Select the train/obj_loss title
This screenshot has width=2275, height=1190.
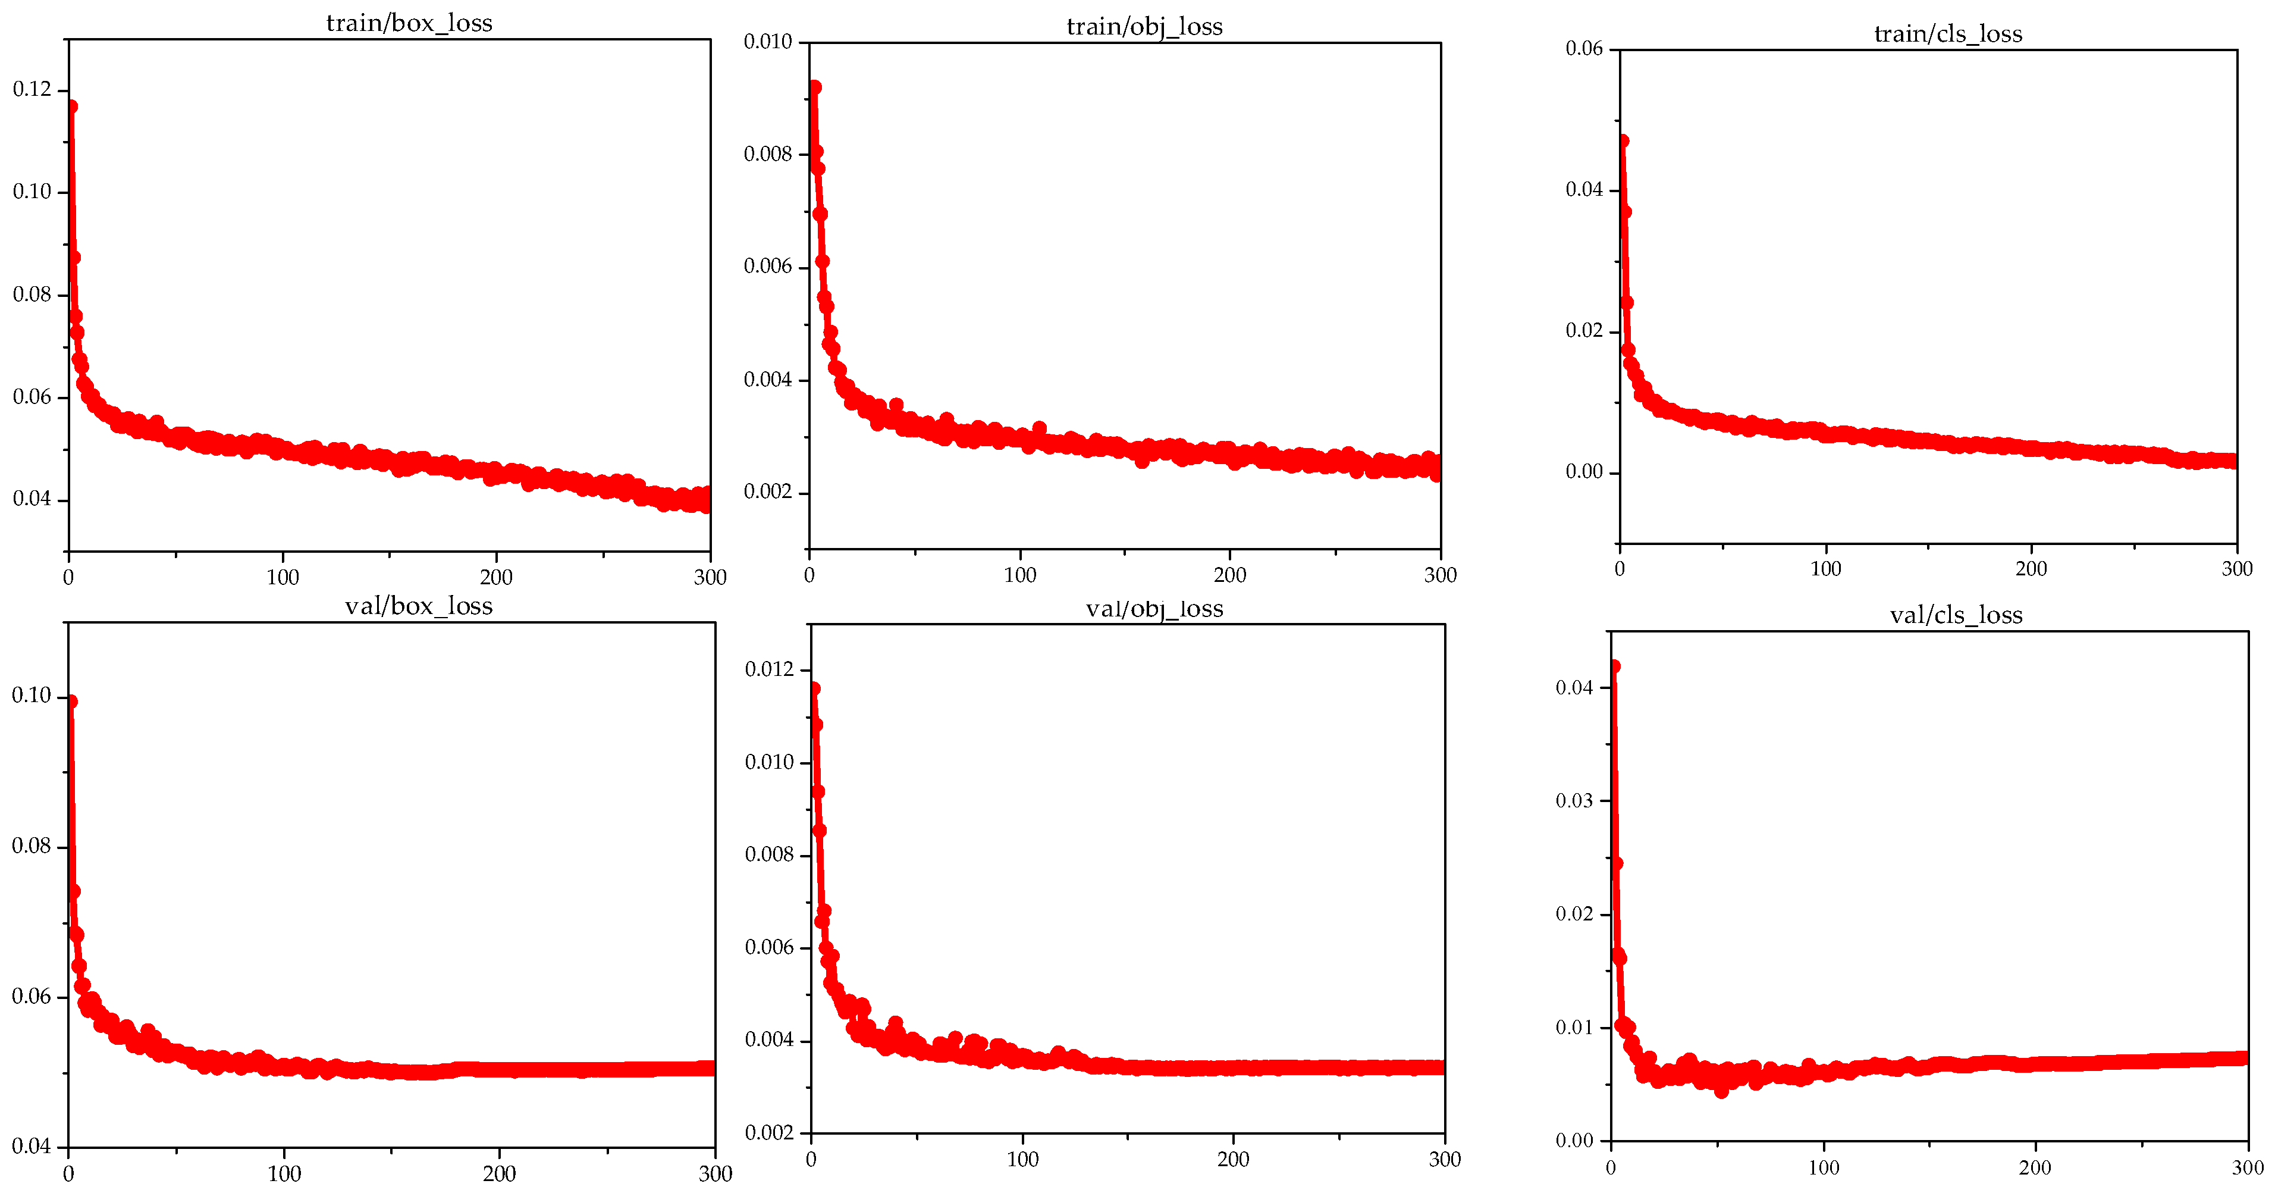[1144, 27]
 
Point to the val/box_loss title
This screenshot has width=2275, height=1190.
[419, 606]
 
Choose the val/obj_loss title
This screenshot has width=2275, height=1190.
[1154, 609]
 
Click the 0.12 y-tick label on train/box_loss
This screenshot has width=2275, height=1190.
[32, 89]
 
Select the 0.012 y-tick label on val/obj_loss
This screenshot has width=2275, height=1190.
[769, 669]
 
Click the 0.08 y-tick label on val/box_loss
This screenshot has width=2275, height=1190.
[32, 846]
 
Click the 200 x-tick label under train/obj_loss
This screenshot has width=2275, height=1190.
[1229, 575]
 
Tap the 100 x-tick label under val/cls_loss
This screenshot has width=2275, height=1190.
[1823, 1168]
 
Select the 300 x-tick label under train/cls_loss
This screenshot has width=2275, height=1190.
[2236, 569]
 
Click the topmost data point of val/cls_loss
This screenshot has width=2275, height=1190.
[1614, 667]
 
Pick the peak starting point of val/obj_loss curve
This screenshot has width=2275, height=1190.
[814, 688]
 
